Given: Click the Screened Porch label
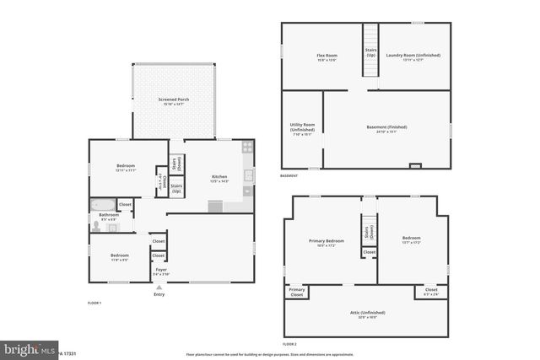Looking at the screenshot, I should click(x=174, y=101).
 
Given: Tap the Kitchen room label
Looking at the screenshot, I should click(x=219, y=179).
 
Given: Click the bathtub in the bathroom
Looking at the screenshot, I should click(x=104, y=205).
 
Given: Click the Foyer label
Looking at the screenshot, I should click(x=160, y=271).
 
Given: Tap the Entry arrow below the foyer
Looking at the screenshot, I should click(x=159, y=287).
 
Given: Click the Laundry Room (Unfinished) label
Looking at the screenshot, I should click(x=413, y=57).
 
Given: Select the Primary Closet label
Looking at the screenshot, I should click(x=297, y=293).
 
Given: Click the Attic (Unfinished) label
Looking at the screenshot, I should click(x=365, y=314).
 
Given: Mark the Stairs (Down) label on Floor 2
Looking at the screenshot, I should click(x=369, y=232).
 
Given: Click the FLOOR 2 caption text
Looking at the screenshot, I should click(x=289, y=345).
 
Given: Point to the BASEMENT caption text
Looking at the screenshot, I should click(x=289, y=175).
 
